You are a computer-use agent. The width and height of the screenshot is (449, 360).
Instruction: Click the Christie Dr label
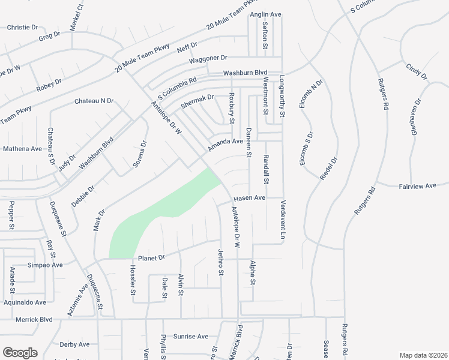(22, 28)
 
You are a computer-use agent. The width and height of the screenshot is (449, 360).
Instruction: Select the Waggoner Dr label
(208, 58)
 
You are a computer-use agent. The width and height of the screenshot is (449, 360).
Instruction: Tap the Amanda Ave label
(225, 145)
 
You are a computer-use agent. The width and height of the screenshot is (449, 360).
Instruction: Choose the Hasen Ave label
(249, 197)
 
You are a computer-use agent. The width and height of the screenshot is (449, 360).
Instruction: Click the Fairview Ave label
(418, 187)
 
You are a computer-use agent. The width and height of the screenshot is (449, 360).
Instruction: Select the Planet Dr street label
(151, 257)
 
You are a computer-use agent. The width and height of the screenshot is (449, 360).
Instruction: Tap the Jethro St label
(220, 262)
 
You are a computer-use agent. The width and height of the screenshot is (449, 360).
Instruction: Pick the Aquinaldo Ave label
(23, 302)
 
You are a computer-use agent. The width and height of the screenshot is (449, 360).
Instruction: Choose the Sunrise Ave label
(191, 337)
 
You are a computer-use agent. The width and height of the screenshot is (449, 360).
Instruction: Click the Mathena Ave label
(22, 148)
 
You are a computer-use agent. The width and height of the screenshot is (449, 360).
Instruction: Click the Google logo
(20, 353)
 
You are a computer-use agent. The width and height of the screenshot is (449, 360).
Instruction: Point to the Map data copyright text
(423, 355)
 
